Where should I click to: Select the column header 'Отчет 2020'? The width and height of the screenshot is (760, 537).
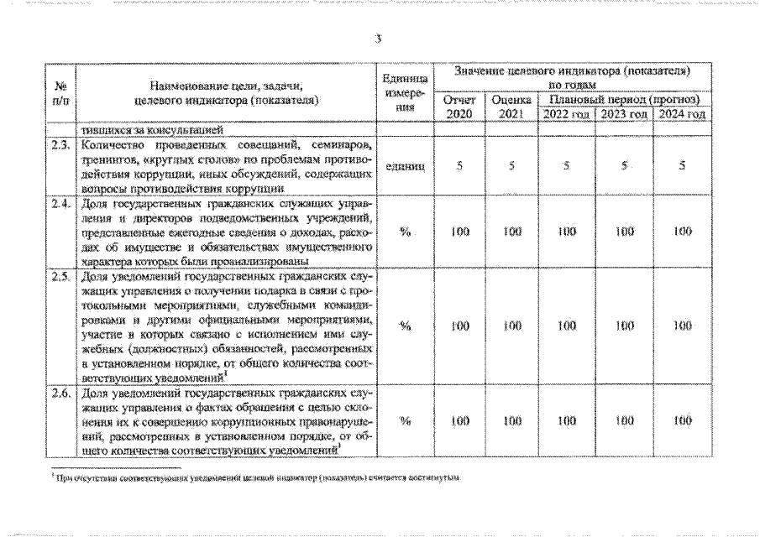click(x=459, y=107)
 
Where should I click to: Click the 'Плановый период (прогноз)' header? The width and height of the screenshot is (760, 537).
click(x=623, y=99)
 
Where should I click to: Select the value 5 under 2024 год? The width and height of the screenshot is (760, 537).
click(x=682, y=166)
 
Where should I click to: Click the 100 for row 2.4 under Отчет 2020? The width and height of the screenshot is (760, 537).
click(x=459, y=232)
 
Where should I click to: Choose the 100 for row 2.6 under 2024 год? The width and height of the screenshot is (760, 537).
click(x=682, y=421)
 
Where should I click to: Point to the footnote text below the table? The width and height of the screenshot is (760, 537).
click(x=256, y=476)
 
